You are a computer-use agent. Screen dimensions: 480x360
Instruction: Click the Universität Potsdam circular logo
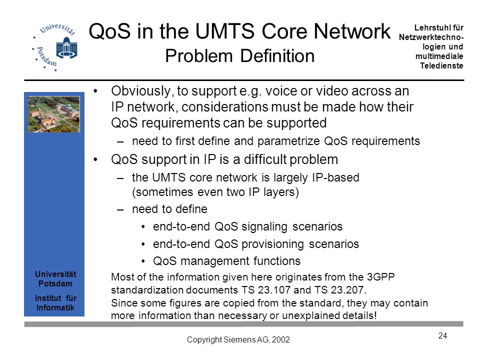[54, 47]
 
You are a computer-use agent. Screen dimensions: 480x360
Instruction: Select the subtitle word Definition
[277, 56]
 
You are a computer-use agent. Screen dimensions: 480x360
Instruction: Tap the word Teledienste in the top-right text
[441, 66]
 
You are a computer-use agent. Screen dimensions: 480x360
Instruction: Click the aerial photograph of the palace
[54, 114]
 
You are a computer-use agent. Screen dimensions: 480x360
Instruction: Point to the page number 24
[442, 336]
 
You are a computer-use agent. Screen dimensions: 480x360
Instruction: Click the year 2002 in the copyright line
[280, 340]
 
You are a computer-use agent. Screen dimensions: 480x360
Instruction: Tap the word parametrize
[288, 141]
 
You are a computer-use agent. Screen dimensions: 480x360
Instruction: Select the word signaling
[264, 227]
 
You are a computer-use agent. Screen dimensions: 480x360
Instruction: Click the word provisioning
[272, 244]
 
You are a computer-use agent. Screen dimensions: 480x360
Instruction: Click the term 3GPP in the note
[380, 277]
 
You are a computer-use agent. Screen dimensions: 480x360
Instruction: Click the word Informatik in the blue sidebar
[55, 307]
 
